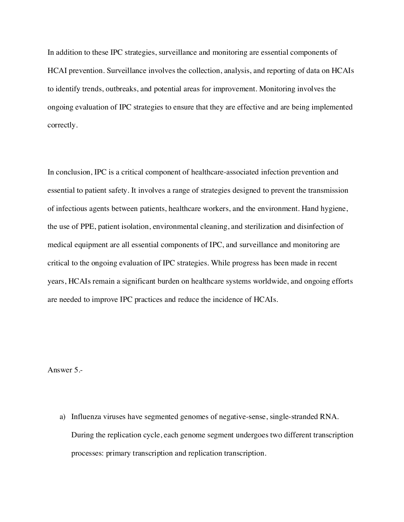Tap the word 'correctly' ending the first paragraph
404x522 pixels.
62,125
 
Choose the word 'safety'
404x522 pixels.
116,190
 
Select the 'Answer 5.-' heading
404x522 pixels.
65,370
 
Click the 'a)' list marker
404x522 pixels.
63,417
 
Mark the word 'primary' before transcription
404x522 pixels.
118,453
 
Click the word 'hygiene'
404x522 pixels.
334,208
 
